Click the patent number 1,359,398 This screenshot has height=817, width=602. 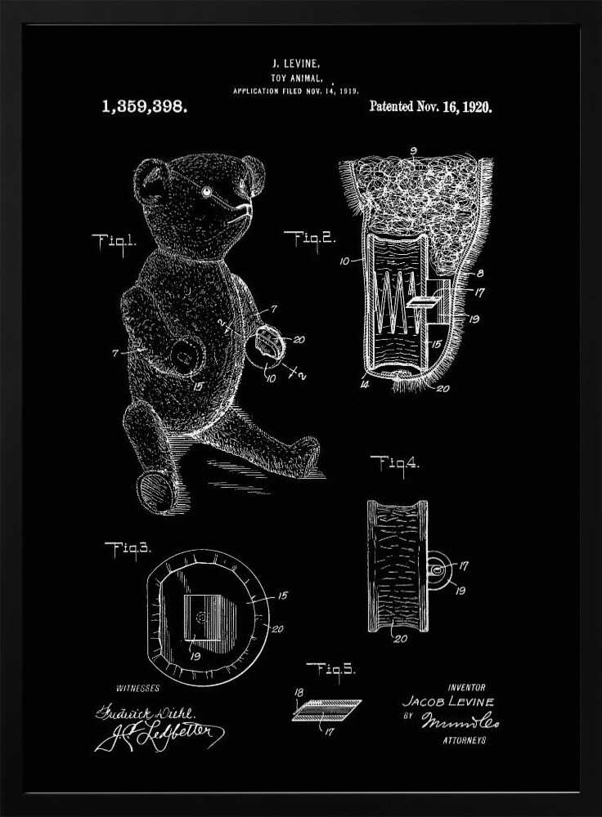point(144,107)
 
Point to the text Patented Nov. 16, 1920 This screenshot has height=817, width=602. point(430,107)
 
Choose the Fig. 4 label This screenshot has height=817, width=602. point(395,463)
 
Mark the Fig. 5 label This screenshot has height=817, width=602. point(330,669)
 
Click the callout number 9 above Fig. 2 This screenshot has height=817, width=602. point(413,151)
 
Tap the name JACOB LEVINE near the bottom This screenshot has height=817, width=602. point(448,702)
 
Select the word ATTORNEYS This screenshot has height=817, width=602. point(464,740)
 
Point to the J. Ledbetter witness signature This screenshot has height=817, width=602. point(160,734)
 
